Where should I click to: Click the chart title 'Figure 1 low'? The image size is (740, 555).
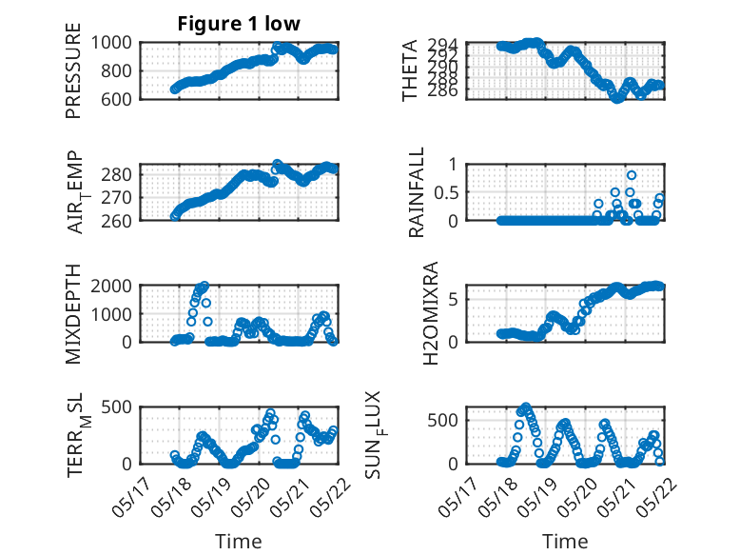coord(239,24)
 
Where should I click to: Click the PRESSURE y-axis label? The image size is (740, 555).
coord(73,70)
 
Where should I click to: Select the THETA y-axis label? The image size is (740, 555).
coord(410,70)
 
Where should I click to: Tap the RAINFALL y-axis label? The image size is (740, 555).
coord(417,192)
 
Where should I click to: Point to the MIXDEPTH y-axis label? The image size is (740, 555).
coord(73,313)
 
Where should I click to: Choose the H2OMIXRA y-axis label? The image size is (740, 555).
coord(431,313)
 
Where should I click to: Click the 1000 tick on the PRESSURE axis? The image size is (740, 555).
coord(111,43)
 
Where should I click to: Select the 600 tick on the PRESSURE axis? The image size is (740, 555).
coord(117,99)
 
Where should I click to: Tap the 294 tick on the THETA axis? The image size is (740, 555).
coord(443,45)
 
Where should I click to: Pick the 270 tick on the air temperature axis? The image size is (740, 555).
coord(117,197)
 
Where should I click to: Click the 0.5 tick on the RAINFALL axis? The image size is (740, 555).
coord(446,192)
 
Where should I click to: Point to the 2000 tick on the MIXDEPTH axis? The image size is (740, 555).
coord(111,286)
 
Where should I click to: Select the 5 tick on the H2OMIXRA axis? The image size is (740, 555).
coord(454,300)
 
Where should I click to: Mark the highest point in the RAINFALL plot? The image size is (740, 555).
coord(632,175)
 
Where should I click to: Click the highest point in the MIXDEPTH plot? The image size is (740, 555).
coord(204,286)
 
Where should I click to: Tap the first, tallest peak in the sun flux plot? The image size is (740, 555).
coord(526,406)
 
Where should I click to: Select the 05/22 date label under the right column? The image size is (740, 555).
coord(656,497)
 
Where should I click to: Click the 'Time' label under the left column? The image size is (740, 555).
coord(239,542)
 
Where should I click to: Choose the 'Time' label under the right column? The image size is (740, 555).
coord(565,542)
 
